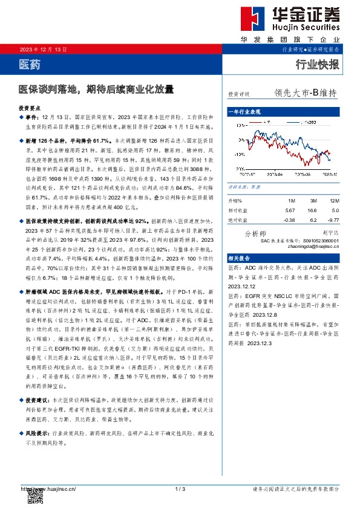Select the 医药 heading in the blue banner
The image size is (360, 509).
[28, 63]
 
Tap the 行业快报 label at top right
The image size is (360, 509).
[317, 63]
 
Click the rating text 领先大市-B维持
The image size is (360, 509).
[305, 94]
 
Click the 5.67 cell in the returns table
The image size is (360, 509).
[291, 210]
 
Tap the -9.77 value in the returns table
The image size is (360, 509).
[333, 219]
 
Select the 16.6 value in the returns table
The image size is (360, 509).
[312, 210]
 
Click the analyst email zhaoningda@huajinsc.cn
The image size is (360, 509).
[313, 247]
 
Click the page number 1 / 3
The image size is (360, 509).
[180, 488]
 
